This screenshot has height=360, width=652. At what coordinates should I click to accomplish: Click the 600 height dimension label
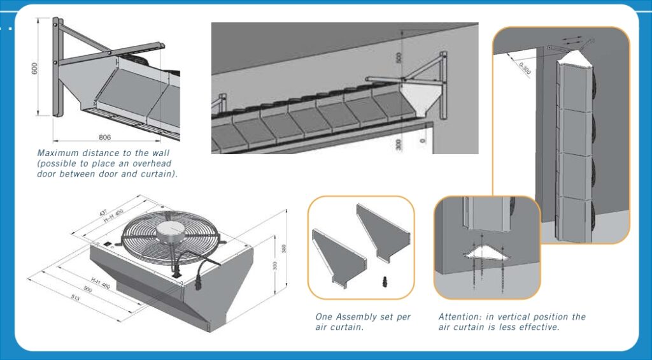pyautogui.click(x=36, y=68)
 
